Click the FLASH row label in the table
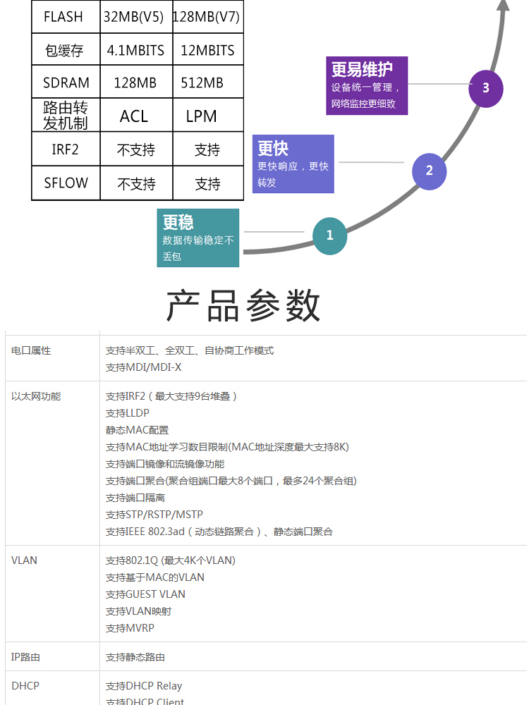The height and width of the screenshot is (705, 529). click(x=63, y=17)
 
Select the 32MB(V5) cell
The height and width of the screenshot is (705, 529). click(x=133, y=17)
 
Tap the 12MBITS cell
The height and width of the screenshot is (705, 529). click(x=207, y=50)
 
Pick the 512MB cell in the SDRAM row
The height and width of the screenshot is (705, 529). click(x=202, y=82)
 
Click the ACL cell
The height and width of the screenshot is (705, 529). click(x=133, y=116)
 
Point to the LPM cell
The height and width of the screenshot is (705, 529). click(x=202, y=116)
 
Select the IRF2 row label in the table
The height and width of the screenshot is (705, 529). click(x=65, y=149)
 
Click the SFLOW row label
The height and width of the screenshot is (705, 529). click(x=66, y=183)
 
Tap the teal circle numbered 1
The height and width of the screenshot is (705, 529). click(x=329, y=235)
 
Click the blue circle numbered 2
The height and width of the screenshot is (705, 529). click(x=429, y=171)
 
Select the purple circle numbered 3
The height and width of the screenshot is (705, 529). click(x=486, y=88)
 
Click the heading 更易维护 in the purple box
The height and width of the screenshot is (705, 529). click(x=362, y=70)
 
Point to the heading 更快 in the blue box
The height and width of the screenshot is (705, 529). click(x=273, y=148)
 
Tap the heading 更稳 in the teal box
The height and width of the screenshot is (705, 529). click(x=178, y=222)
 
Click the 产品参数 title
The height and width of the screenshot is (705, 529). click(x=243, y=306)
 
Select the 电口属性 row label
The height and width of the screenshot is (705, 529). click(x=31, y=350)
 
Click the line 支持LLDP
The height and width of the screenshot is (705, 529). click(x=127, y=412)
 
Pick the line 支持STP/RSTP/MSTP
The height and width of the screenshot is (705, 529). click(x=154, y=515)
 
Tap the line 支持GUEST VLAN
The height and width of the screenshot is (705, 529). click(x=145, y=594)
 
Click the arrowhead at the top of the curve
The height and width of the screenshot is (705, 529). click(x=503, y=4)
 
